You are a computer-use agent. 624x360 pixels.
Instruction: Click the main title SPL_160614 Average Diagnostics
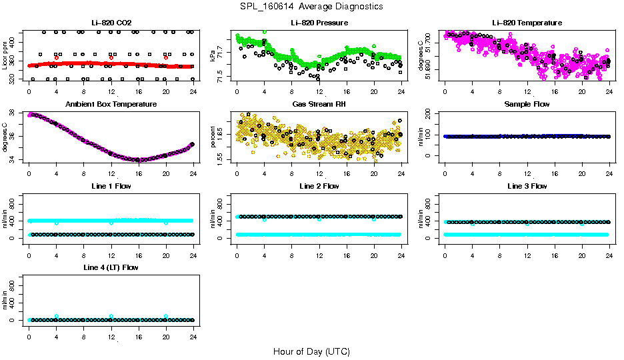coord(312,6)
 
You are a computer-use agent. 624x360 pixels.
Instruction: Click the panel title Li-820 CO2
coord(111,23)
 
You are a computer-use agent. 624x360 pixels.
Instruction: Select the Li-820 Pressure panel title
coord(319,23)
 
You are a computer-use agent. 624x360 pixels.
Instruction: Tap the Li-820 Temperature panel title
coord(527,23)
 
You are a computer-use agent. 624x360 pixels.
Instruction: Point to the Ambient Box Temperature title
coord(111,104)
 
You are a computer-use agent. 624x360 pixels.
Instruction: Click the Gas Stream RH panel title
coord(319,104)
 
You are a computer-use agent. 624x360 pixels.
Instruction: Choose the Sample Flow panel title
coord(527,104)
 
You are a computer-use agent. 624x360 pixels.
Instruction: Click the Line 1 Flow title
coord(111,186)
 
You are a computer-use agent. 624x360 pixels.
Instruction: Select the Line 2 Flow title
coord(319,186)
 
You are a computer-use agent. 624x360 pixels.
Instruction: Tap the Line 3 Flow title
coord(527,186)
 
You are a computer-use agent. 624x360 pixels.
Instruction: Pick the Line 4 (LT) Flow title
coord(111,267)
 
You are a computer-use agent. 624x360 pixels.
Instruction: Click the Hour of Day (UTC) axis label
coord(311,351)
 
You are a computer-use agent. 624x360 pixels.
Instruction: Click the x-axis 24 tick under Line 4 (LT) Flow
coord(193,330)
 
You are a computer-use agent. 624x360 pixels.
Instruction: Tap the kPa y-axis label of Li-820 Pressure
coord(213,56)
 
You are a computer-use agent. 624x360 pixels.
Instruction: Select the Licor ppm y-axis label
coord(5,56)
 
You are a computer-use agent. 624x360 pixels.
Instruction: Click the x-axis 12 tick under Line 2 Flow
coord(319,249)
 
